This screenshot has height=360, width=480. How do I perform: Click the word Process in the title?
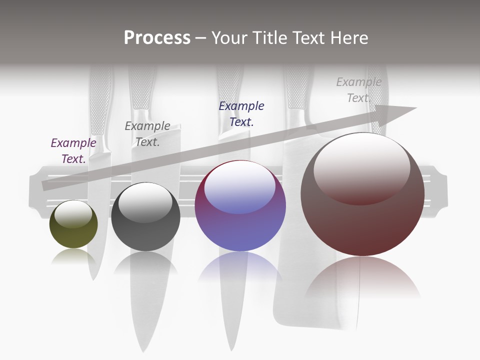[157, 38]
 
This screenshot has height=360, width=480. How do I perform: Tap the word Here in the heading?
[349, 38]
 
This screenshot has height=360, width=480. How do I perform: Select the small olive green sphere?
[73, 224]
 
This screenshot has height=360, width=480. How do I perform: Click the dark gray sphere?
[145, 217]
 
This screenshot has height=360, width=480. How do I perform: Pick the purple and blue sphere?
[240, 206]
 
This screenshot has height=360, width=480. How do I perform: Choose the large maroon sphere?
[362, 195]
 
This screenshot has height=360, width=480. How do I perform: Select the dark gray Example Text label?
[147, 134]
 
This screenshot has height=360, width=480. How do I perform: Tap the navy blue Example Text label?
[241, 114]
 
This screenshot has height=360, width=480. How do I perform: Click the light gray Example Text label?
[358, 90]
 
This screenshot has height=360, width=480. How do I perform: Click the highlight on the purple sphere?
[240, 186]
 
